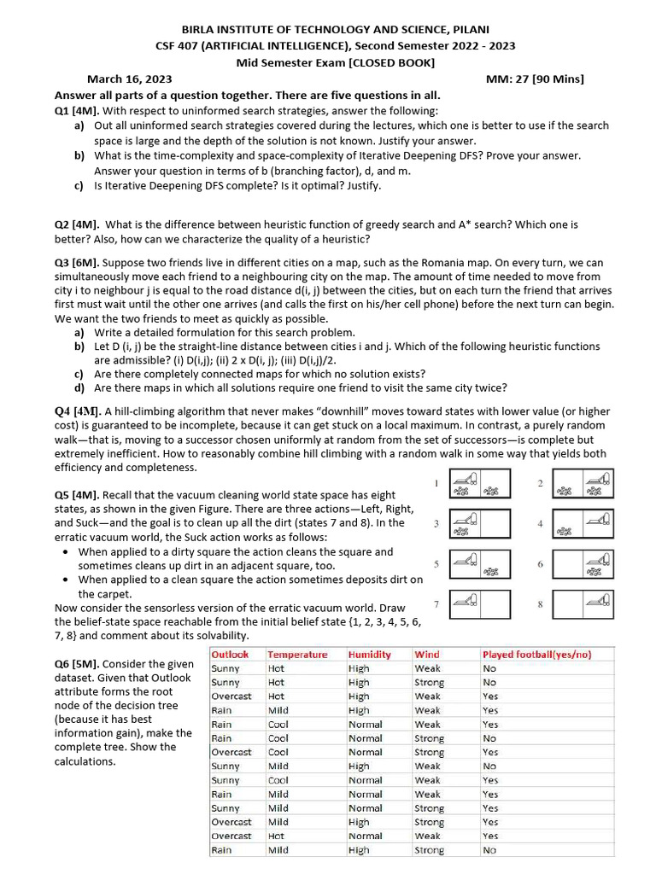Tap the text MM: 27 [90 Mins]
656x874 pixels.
pos(535,79)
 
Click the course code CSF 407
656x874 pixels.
pos(176,46)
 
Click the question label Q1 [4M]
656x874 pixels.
pos(77,111)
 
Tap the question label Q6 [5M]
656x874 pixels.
pos(77,664)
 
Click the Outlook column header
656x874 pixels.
pos(231,655)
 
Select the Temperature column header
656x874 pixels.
pos(297,655)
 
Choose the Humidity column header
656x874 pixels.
pos(370,655)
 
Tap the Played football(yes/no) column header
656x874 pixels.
pos(548,655)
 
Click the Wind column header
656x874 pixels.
pos(427,655)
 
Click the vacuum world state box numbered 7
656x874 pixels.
pos(478,603)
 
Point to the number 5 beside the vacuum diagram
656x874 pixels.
pos(436,564)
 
